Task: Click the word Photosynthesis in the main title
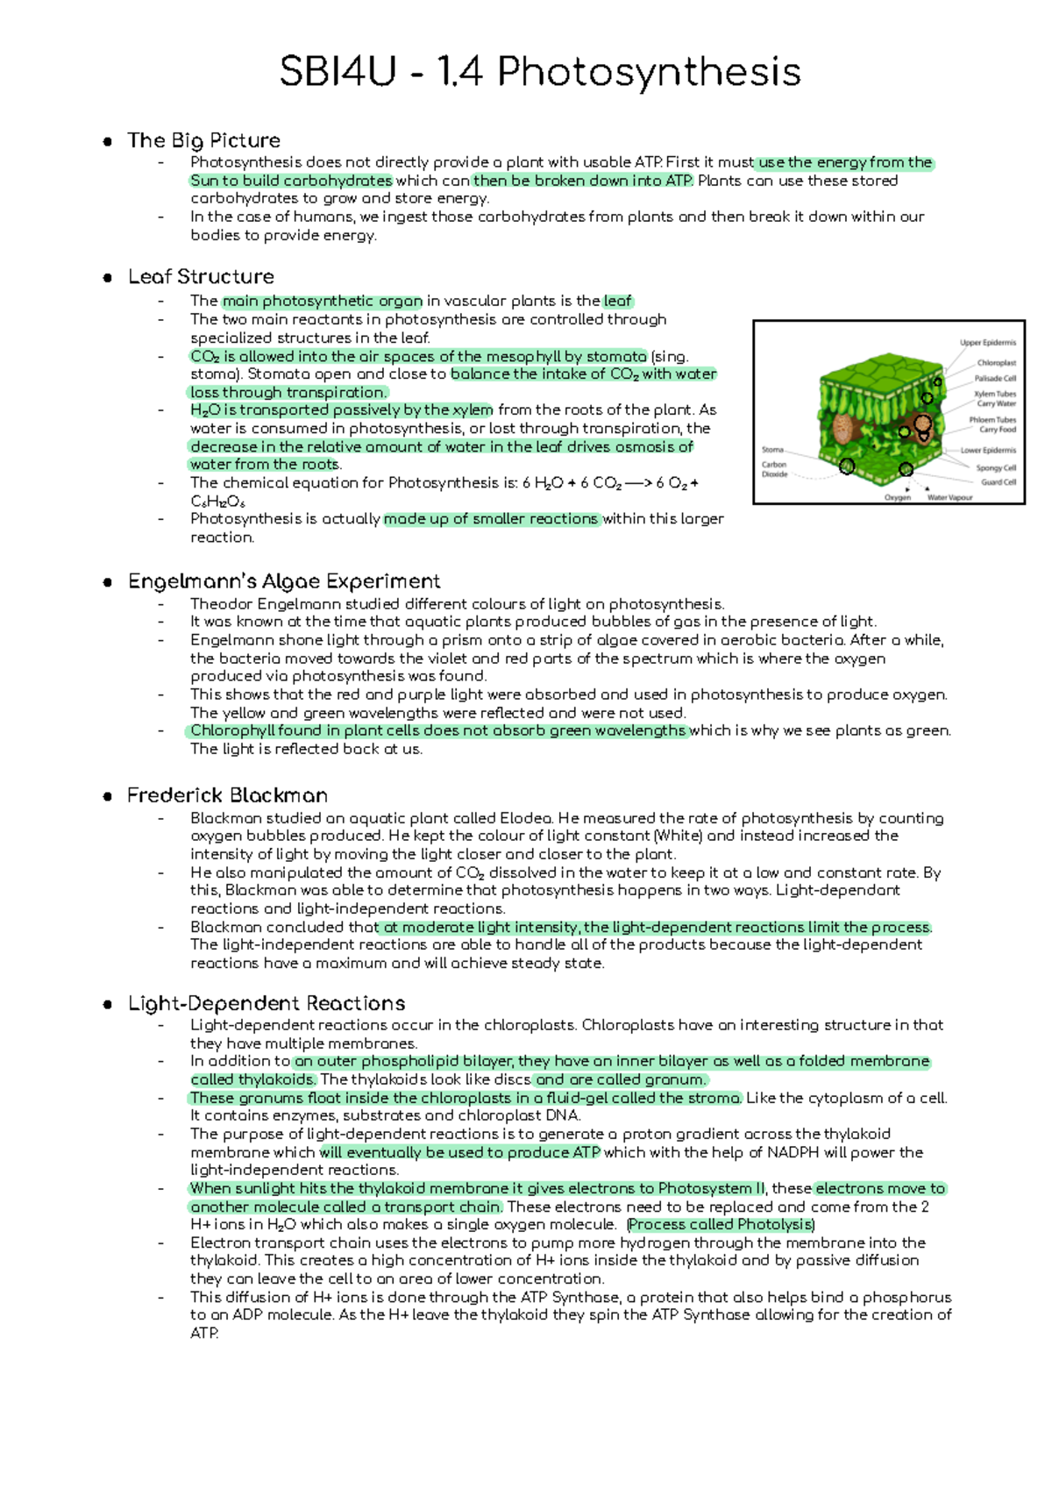point(649,72)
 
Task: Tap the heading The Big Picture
point(203,140)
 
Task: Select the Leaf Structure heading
point(201,277)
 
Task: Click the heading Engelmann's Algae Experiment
point(284,581)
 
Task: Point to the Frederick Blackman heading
point(227,795)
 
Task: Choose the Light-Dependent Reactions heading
point(267,1003)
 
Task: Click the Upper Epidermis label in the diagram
point(987,343)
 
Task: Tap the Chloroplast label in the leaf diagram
point(996,362)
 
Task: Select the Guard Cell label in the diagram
point(998,481)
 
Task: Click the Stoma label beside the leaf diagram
point(772,450)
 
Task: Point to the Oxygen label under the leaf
point(897,497)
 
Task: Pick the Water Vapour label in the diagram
point(949,497)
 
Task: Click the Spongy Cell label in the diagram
point(996,467)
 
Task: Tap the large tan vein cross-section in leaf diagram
point(845,429)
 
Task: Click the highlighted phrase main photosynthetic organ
point(323,301)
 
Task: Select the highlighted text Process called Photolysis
point(721,1225)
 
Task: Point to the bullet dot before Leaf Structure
point(107,278)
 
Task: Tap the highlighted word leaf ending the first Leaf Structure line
point(617,301)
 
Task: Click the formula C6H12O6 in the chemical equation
point(217,502)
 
